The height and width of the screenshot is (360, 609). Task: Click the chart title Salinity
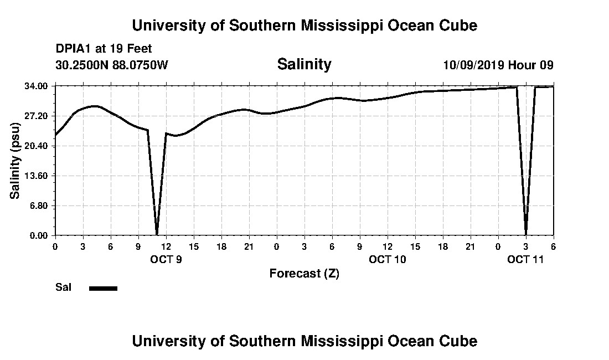pyautogui.click(x=304, y=64)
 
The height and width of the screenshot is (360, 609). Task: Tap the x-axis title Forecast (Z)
pyautogui.click(x=304, y=273)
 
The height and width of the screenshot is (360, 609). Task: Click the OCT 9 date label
pyautogui.click(x=166, y=259)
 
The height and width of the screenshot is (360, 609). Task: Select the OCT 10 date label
pyautogui.click(x=388, y=259)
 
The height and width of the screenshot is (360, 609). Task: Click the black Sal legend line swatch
pyautogui.click(x=103, y=288)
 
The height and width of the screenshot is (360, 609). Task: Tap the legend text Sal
pyautogui.click(x=62, y=287)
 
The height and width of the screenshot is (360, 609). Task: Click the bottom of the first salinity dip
pyautogui.click(x=157, y=234)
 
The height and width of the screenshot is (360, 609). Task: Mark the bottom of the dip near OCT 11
pyautogui.click(x=525, y=234)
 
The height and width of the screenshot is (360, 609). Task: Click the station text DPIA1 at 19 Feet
pyautogui.click(x=104, y=49)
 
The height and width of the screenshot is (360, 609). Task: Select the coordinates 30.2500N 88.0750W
pyautogui.click(x=111, y=65)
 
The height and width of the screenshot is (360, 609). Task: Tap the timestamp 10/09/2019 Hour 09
pyautogui.click(x=498, y=65)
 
